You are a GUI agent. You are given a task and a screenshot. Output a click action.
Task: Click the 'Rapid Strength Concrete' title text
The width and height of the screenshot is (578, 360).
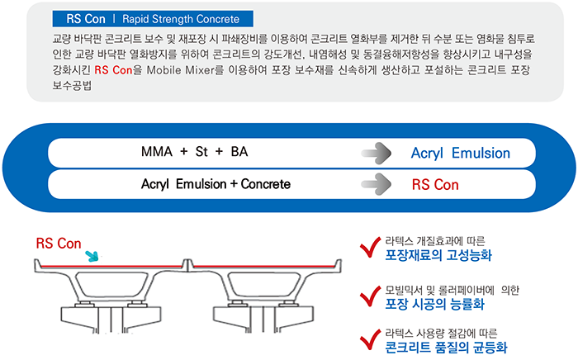pyautogui.click(x=181, y=19)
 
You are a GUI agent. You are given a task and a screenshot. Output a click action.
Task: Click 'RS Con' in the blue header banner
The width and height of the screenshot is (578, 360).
pyautogui.click(x=86, y=19)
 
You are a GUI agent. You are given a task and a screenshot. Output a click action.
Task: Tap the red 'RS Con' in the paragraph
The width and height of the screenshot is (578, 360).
pyautogui.click(x=113, y=70)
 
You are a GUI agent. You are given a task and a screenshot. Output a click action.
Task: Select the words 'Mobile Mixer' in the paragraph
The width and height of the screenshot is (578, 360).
pyautogui.click(x=181, y=70)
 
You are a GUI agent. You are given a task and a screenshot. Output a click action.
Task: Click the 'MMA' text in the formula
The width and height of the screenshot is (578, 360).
pyautogui.click(x=157, y=151)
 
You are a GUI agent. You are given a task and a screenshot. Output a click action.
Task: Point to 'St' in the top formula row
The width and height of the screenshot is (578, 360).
pyautogui.click(x=201, y=151)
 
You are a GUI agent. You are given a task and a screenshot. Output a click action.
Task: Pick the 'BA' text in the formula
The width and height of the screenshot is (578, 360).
pyautogui.click(x=239, y=151)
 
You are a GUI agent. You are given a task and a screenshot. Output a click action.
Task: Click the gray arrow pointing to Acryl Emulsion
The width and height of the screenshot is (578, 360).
pyautogui.click(x=376, y=153)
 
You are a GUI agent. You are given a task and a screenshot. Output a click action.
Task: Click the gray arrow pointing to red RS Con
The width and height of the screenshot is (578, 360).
pyautogui.click(x=376, y=184)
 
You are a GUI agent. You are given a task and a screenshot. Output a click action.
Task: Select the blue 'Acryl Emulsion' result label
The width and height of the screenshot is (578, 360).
pyautogui.click(x=461, y=154)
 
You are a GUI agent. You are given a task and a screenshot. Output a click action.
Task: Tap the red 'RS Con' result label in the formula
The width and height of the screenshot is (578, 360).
pyautogui.click(x=435, y=185)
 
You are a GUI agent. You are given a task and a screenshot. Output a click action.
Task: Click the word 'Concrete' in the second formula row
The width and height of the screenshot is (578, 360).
pyautogui.click(x=265, y=184)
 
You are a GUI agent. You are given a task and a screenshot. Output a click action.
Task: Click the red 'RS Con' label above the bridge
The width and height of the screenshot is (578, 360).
pyautogui.click(x=59, y=244)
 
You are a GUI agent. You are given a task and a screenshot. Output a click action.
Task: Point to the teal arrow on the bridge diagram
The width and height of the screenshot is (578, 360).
pyautogui.click(x=92, y=256)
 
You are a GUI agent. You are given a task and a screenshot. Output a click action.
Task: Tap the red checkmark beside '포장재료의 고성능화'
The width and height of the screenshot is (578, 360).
pyautogui.click(x=370, y=247)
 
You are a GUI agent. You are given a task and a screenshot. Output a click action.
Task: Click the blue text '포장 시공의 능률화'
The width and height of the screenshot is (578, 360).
pyautogui.click(x=435, y=304)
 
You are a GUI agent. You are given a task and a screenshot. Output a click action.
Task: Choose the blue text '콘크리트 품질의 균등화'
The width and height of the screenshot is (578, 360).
pyautogui.click(x=446, y=347)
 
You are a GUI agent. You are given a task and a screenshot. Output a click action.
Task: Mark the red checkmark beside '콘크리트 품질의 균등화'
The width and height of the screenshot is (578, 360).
pyautogui.click(x=370, y=339)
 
